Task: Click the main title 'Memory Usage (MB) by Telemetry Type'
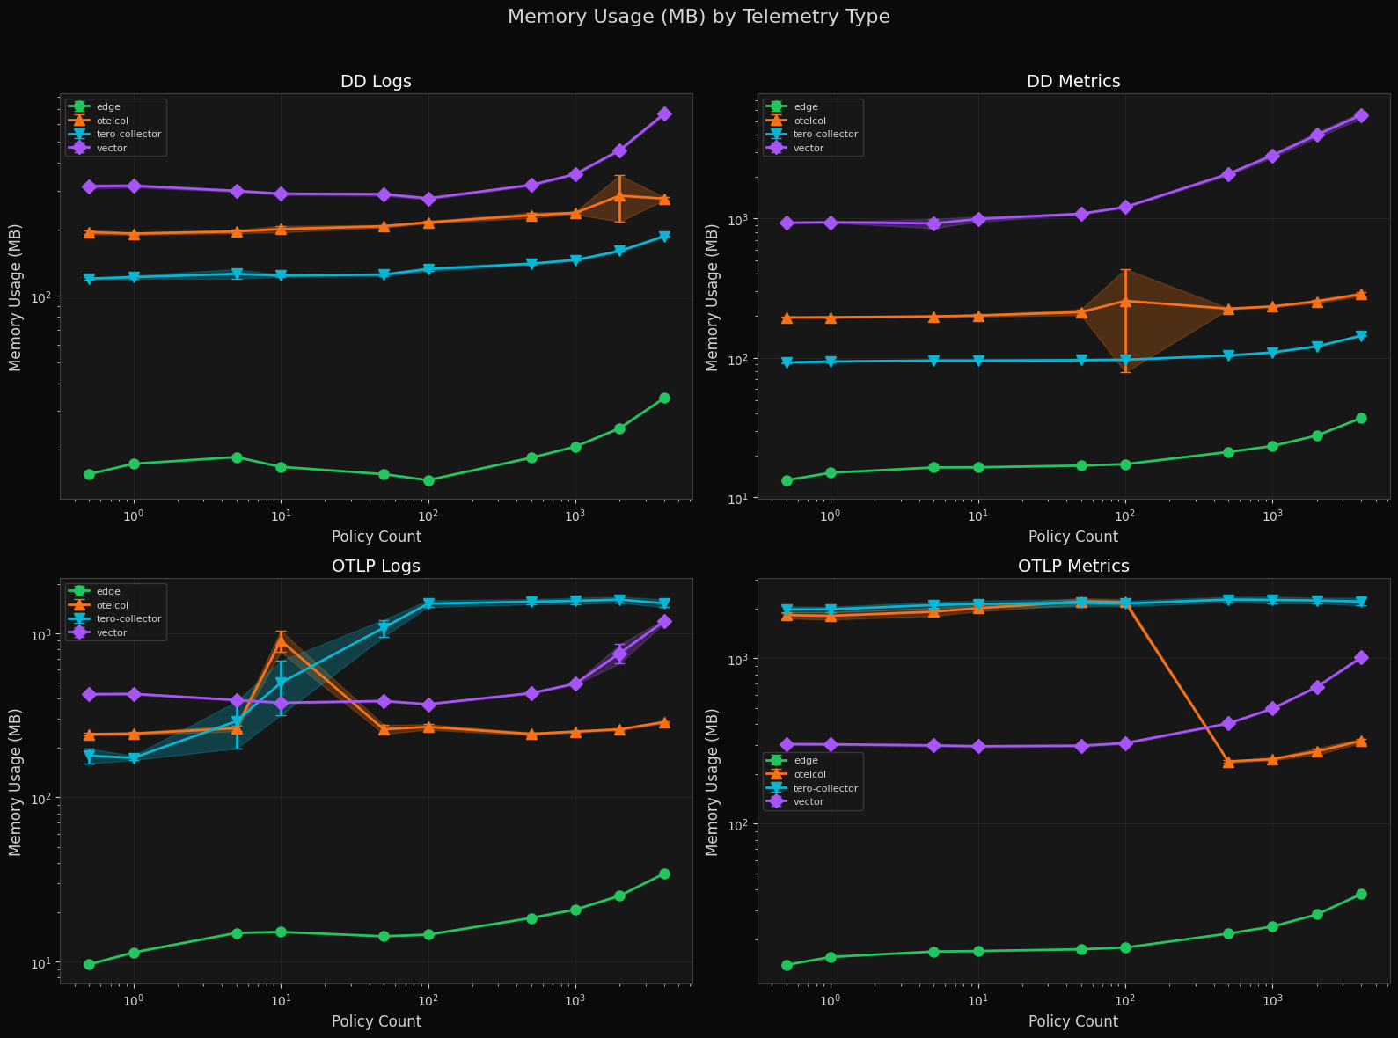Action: [699, 17]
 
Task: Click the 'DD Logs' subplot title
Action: [376, 82]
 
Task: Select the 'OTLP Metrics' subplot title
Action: [1072, 567]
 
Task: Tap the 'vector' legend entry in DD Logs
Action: [112, 149]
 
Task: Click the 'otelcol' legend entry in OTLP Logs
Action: [112, 605]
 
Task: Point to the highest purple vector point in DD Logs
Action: [664, 114]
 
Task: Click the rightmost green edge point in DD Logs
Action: [664, 398]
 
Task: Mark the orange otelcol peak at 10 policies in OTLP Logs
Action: [281, 642]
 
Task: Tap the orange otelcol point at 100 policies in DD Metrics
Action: [1125, 301]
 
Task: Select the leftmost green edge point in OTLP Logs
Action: [89, 965]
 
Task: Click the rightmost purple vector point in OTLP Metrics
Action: [1361, 658]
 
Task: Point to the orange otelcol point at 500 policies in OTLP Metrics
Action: [1228, 763]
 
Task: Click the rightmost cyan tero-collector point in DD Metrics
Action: [1361, 336]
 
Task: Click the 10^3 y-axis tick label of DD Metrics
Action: [736, 219]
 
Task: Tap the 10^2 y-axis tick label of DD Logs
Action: [41, 297]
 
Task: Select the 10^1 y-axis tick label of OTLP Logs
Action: [41, 962]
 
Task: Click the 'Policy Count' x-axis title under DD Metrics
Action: [1072, 537]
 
